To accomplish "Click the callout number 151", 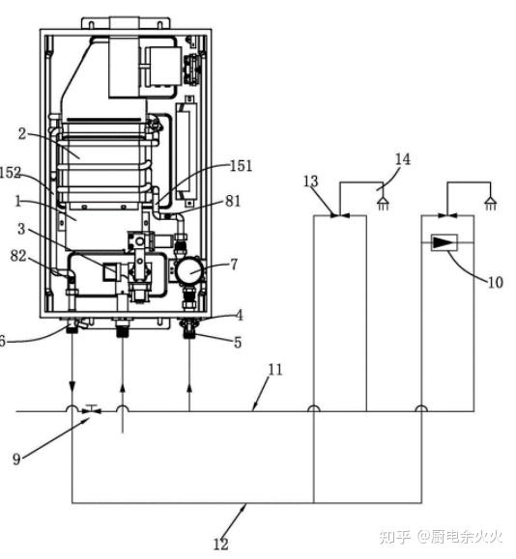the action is tap(242, 166).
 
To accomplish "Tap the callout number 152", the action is tap(10, 173).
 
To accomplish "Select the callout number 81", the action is tap(233, 202).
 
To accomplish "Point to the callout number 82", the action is tap(18, 256).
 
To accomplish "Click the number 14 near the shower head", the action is tap(403, 159).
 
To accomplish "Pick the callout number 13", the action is tap(310, 182).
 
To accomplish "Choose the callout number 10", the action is tap(495, 282).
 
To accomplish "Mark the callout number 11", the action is tap(275, 370).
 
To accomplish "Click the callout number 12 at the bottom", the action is tap(221, 545).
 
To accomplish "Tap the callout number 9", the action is tap(16, 459).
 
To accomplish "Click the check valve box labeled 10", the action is tap(444, 242).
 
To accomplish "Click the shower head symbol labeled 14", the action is tap(383, 204).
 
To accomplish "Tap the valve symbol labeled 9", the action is tap(92, 409).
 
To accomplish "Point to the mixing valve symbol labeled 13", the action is tap(340, 215).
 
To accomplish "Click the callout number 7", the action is tap(234, 265).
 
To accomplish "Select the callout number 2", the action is tap(22, 134).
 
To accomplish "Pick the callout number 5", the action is tap(238, 343).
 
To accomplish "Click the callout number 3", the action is tap(21, 229).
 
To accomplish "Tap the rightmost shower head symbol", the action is tap(491, 204).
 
